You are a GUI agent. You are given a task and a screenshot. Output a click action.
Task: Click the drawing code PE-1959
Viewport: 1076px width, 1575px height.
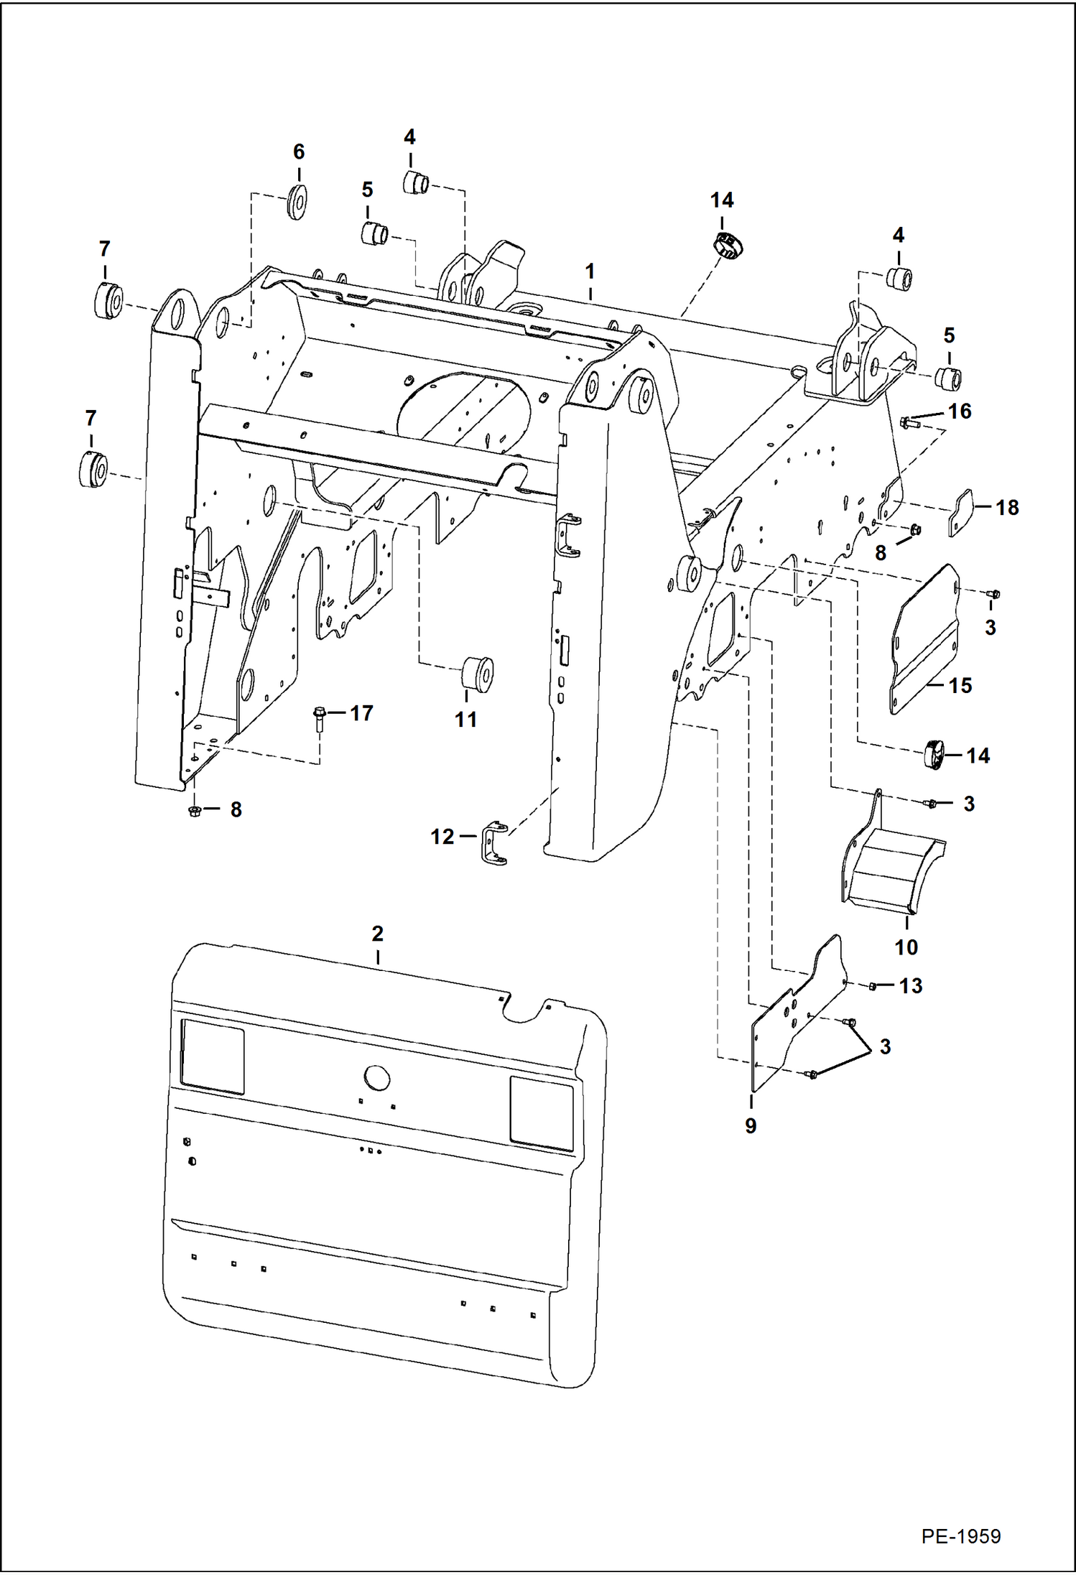tap(960, 1535)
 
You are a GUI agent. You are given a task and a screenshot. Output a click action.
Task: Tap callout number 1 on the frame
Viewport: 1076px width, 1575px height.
tap(590, 271)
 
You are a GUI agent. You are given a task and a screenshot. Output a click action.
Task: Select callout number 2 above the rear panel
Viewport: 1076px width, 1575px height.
tap(377, 934)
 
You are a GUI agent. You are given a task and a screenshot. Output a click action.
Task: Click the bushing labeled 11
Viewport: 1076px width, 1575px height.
tap(476, 673)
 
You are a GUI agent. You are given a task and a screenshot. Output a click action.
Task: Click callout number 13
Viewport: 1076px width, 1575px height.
tap(911, 985)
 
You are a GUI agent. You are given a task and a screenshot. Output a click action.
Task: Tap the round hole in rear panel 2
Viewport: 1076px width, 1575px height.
tap(376, 1078)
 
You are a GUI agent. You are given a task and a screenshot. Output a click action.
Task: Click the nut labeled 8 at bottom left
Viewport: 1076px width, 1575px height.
tap(194, 811)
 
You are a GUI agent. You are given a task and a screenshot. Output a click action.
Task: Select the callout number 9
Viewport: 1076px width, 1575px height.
tap(751, 1125)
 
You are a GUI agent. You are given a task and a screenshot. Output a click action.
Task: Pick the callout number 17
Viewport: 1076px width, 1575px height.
tap(361, 712)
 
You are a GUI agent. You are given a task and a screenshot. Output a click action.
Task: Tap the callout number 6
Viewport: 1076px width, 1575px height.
tap(299, 152)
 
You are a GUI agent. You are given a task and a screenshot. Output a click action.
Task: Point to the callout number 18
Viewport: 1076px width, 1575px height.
tap(1007, 507)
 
